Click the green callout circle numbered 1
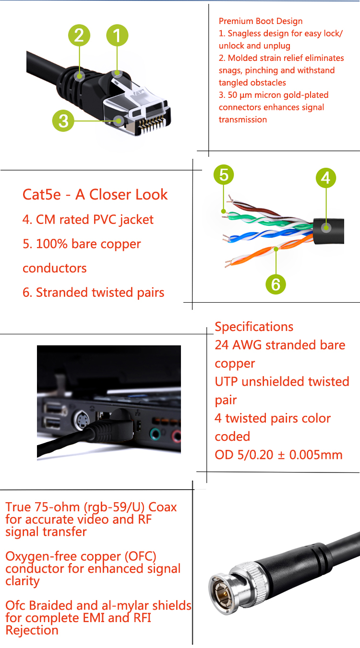point(118,35)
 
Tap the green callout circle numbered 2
point(79,35)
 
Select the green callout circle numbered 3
point(63,120)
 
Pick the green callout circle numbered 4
point(326,178)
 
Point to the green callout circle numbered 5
point(224,175)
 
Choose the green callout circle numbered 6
point(276,284)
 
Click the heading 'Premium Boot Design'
point(261,21)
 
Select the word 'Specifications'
point(254,327)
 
